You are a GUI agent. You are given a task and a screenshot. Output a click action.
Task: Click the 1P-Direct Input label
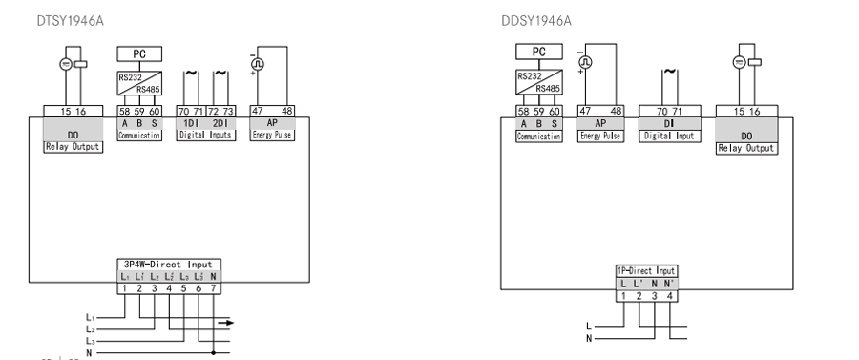click(646, 272)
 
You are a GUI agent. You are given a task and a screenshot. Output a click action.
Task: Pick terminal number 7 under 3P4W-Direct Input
click(213, 288)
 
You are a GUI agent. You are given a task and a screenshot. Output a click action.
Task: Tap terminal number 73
click(228, 112)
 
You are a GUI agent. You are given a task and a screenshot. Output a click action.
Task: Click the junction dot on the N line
click(212, 352)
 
